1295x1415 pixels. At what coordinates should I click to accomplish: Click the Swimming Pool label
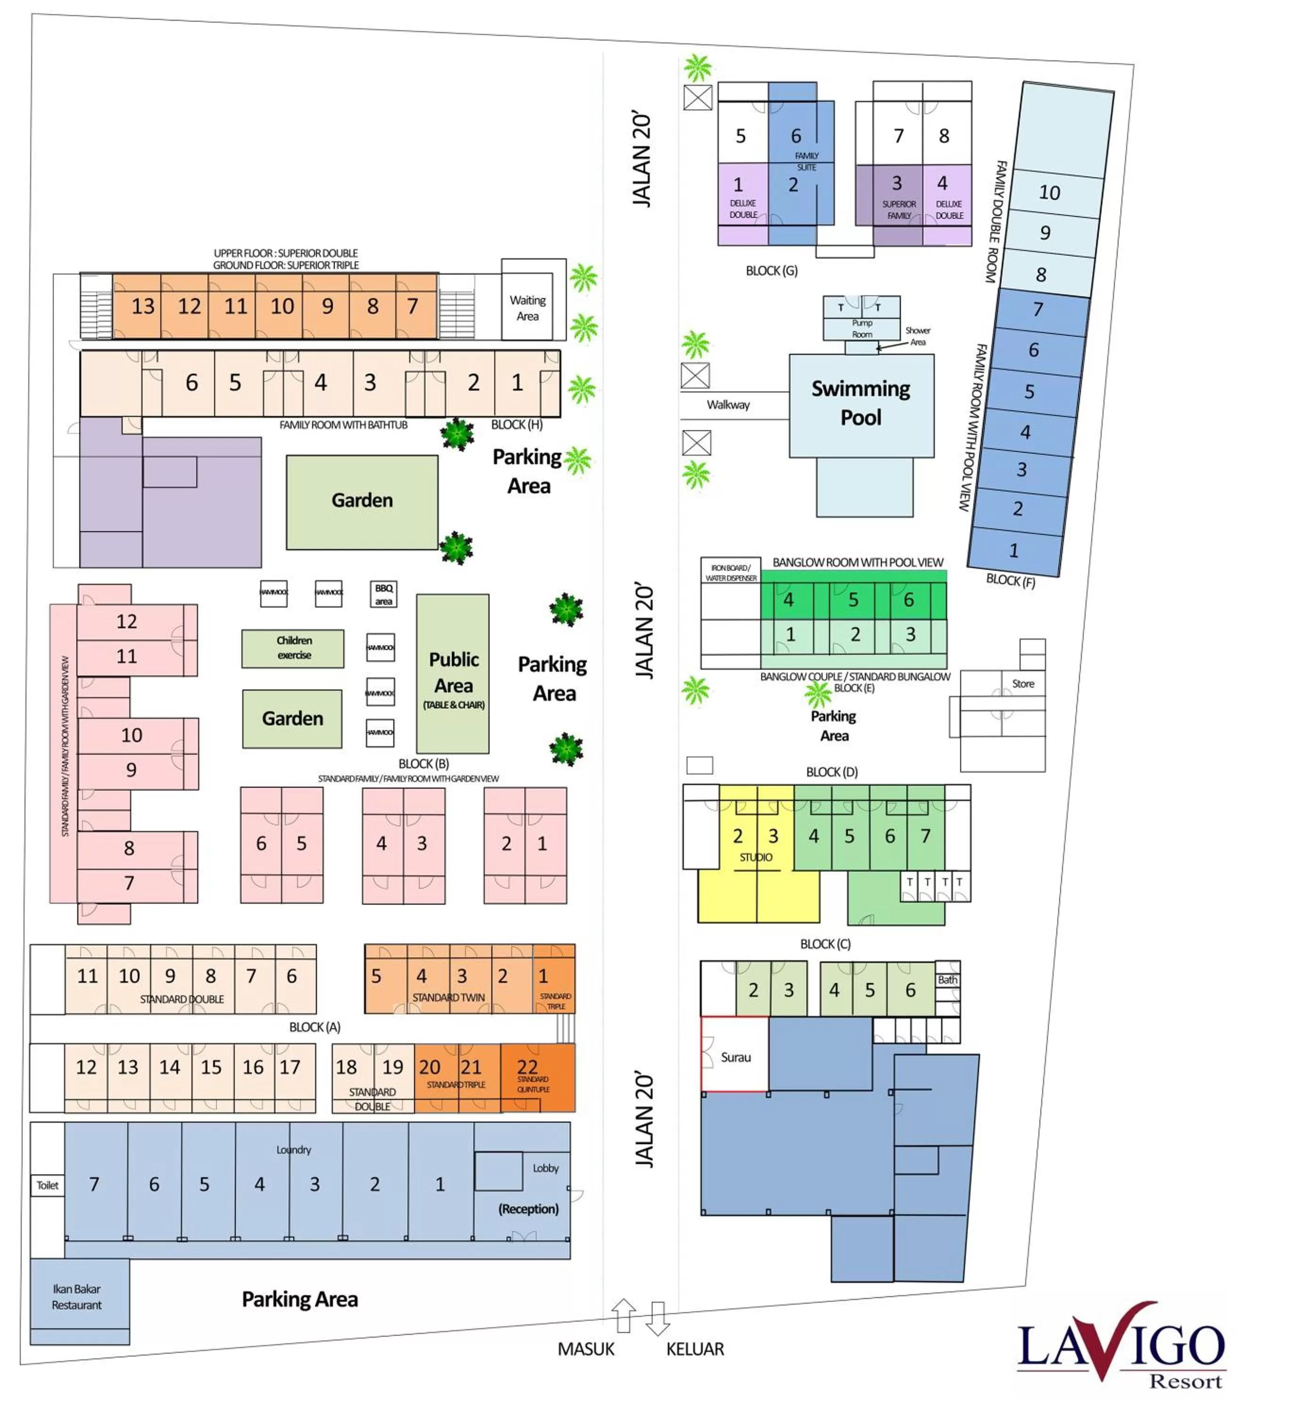pos(861,403)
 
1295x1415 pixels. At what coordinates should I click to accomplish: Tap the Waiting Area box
pos(527,308)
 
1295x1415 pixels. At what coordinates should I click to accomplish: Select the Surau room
pos(735,1057)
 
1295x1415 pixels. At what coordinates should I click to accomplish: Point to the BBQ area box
pos(383,594)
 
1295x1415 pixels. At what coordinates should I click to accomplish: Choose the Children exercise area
pos(293,648)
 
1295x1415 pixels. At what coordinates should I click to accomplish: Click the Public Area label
pos(453,673)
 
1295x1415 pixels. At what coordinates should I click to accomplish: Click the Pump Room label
pos(862,328)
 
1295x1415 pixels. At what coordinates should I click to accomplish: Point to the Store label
pos(1023,683)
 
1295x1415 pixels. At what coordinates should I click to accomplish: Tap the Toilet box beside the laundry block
pos(47,1185)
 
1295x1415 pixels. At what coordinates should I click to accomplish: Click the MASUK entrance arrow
pos(624,1314)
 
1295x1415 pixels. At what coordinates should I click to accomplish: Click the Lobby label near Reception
pos(545,1168)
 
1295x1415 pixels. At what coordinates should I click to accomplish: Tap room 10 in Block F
pos(1049,193)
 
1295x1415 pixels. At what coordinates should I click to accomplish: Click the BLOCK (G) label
pos(772,271)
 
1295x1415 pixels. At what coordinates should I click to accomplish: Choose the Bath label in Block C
pos(947,980)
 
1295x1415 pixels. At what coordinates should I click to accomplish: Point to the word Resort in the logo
pos(1186,1382)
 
